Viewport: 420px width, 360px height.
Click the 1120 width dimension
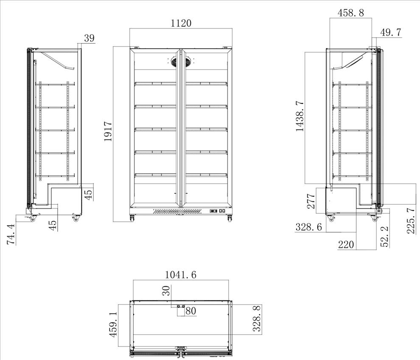181,23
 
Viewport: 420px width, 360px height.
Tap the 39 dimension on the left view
89,38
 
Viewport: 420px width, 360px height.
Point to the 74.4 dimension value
11,234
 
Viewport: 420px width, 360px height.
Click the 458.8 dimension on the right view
350,13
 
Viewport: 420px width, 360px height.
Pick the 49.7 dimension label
391,32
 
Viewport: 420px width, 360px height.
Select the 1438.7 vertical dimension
300,116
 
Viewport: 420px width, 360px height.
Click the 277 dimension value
311,201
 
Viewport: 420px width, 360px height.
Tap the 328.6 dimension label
308,227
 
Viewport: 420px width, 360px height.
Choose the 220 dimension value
346,244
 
